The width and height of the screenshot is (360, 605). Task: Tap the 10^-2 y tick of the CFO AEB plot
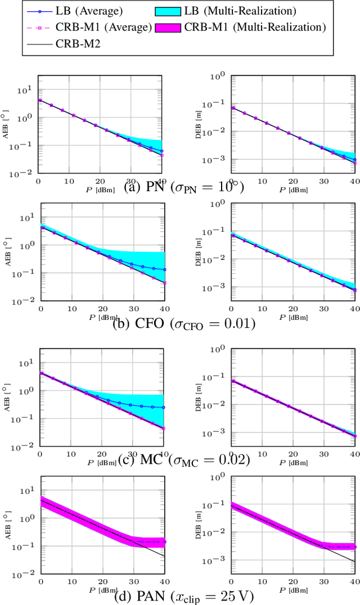coord(25,300)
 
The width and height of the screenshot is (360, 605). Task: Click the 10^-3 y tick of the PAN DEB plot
coord(218,561)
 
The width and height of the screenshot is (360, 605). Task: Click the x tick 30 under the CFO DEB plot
coord(323,309)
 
